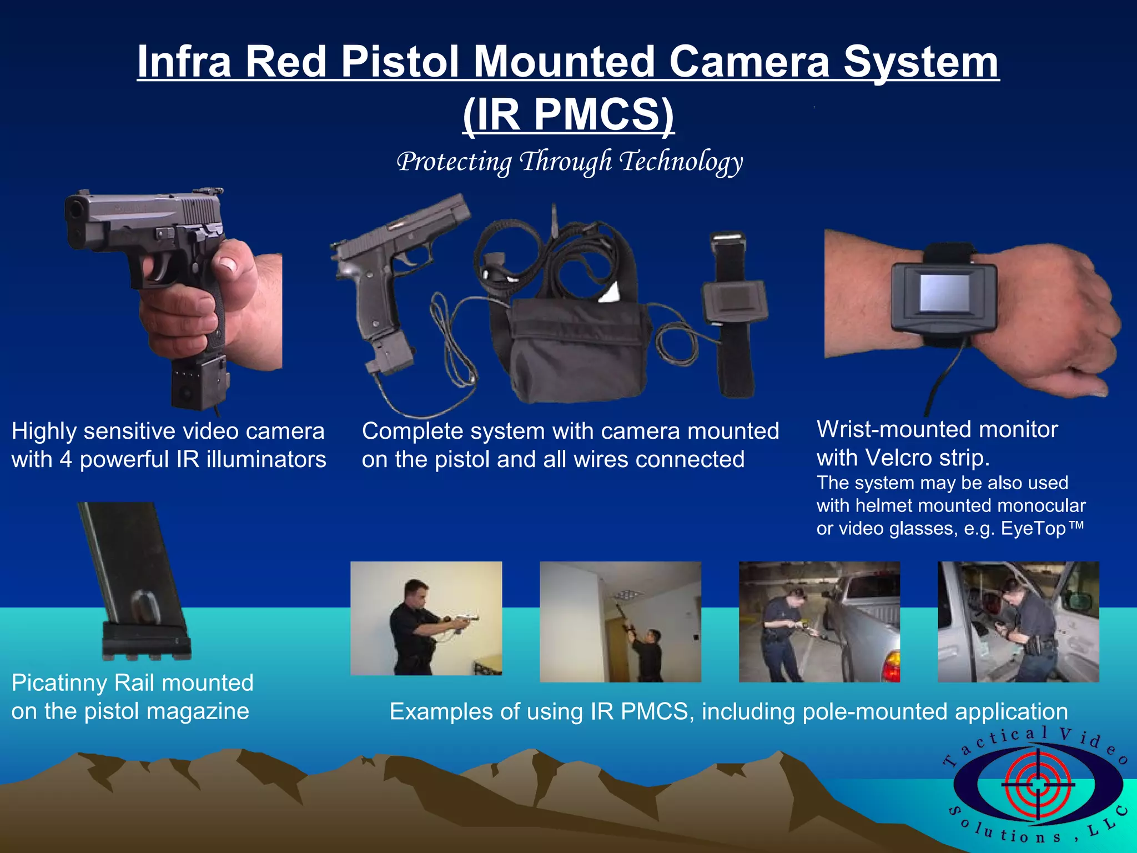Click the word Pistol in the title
401,61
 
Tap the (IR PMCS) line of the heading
568,114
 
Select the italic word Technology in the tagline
681,162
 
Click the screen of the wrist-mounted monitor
944,293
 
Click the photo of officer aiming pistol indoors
426,618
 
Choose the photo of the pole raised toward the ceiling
620,621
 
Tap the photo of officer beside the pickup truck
819,621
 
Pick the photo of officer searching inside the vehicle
1018,621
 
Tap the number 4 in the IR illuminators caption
66,460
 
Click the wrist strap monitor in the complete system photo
734,303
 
